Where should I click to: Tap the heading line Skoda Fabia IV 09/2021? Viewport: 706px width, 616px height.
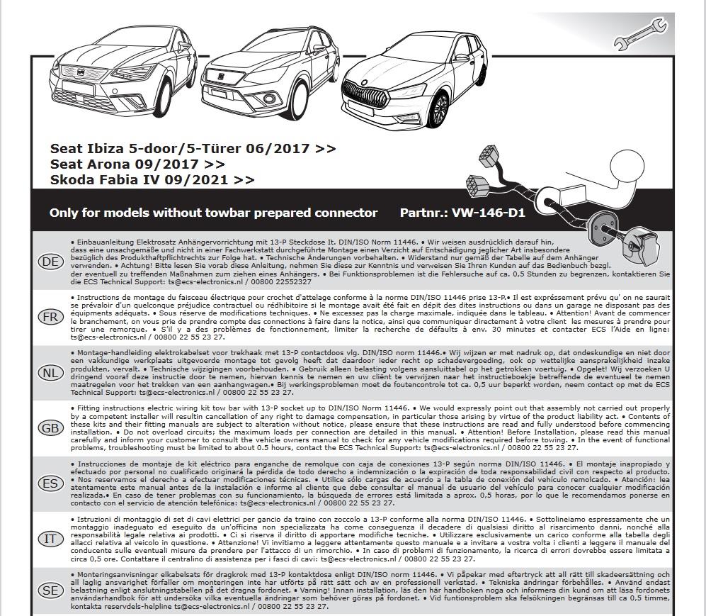[x=152, y=180]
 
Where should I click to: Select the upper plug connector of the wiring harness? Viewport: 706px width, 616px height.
[x=489, y=155]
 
